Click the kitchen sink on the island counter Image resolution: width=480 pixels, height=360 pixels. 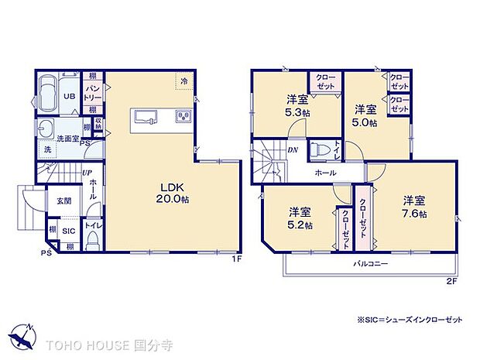click(147, 117)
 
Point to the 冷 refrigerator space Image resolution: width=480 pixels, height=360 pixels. click(184, 81)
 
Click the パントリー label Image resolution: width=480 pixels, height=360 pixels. click(92, 94)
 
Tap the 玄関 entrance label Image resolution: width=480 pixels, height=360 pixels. click(63, 201)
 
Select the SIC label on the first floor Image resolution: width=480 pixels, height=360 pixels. click(68, 230)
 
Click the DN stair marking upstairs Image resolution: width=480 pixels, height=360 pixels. click(293, 149)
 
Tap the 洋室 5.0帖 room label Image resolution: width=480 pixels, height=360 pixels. click(365, 115)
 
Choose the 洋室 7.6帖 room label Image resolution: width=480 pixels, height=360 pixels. click(413, 207)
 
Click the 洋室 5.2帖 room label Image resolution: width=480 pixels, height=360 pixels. click(301, 218)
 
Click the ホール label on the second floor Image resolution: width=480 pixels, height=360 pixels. click(324, 173)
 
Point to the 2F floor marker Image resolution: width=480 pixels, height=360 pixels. click(451, 280)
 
